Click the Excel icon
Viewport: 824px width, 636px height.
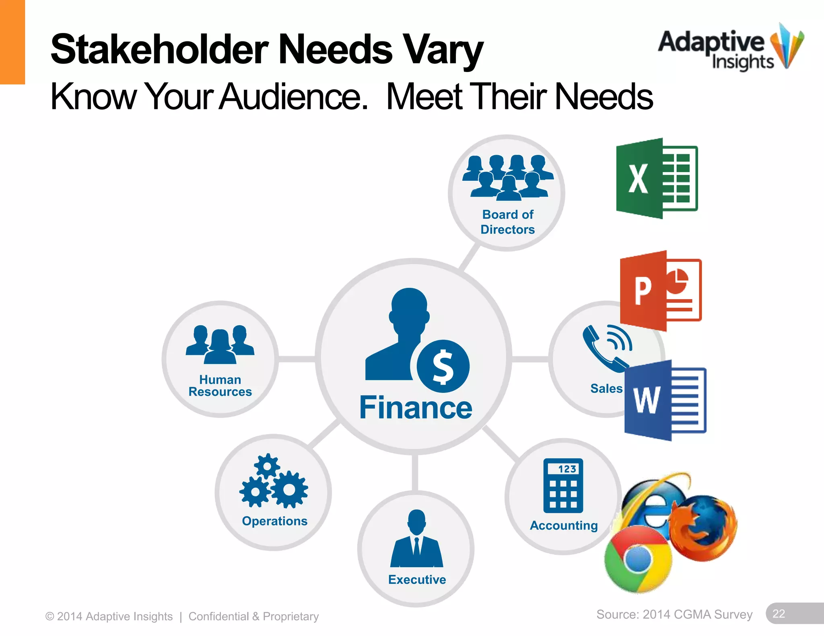click(657, 178)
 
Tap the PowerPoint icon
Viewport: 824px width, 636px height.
click(661, 291)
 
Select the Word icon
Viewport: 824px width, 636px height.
click(665, 400)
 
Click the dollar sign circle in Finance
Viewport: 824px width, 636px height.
click(443, 366)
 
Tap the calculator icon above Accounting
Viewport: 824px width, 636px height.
click(563, 485)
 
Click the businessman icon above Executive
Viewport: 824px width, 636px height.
click(416, 538)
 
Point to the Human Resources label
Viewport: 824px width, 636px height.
click(220, 386)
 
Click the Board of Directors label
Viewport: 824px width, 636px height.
click(508, 222)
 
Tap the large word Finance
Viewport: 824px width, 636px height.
click(416, 408)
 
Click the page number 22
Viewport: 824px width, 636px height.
click(779, 613)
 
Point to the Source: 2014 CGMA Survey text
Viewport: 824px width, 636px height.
click(674, 614)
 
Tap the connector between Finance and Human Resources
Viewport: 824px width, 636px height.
click(297, 359)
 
